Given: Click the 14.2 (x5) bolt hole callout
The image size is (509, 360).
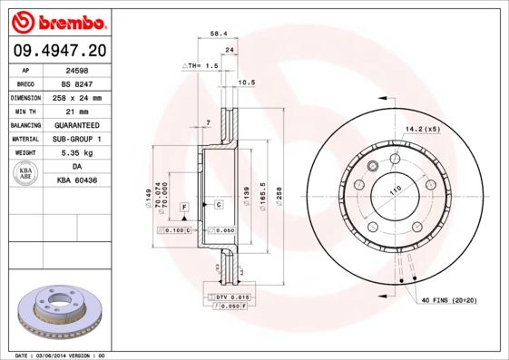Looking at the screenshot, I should (423, 130).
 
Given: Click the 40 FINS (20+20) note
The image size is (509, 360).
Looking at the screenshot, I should (448, 298).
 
